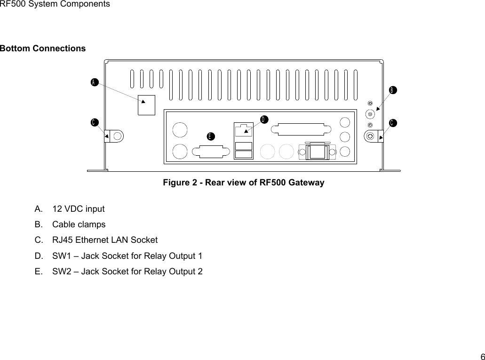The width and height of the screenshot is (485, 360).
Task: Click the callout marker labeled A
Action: coord(94,82)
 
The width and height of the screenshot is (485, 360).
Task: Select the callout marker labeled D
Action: coord(264,119)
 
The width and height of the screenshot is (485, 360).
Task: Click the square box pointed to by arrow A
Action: coord(146,105)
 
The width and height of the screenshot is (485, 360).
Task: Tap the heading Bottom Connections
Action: coord(43,48)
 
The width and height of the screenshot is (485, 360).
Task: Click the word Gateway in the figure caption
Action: coord(308,182)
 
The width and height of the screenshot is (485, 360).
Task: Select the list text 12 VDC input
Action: coord(79,208)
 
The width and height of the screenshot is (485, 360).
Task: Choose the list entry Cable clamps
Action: coord(79,224)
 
